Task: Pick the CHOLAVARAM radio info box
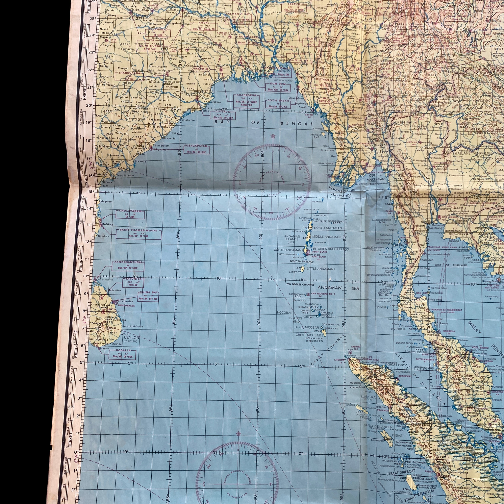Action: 130,214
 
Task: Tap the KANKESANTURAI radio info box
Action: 128,266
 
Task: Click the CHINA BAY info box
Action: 148,296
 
